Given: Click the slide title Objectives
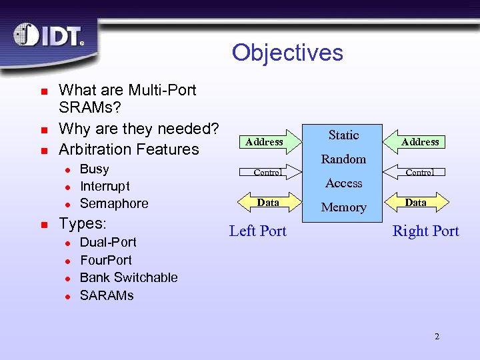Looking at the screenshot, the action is pos(287,53).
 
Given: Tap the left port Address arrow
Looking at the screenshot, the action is pos(265,141).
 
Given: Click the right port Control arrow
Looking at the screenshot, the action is pos(419,172).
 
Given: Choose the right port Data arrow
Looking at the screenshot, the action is pos(416,202).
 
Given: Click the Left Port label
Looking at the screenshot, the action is pos(257,231).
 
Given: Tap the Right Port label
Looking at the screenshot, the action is pos(425,231).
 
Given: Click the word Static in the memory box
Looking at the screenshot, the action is pos(343,135).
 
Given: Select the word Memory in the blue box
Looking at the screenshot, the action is pos(343,207).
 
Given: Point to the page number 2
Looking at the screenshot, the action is pos(437,336).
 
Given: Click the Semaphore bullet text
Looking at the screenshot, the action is pos(114,203).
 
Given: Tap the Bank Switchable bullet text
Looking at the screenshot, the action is pos(129,277).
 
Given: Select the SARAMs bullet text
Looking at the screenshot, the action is pos(107,295).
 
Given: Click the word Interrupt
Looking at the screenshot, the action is pos(105,186).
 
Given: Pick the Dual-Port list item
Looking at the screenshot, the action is pos(108,242).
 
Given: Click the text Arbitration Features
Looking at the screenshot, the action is pos(129,149).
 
